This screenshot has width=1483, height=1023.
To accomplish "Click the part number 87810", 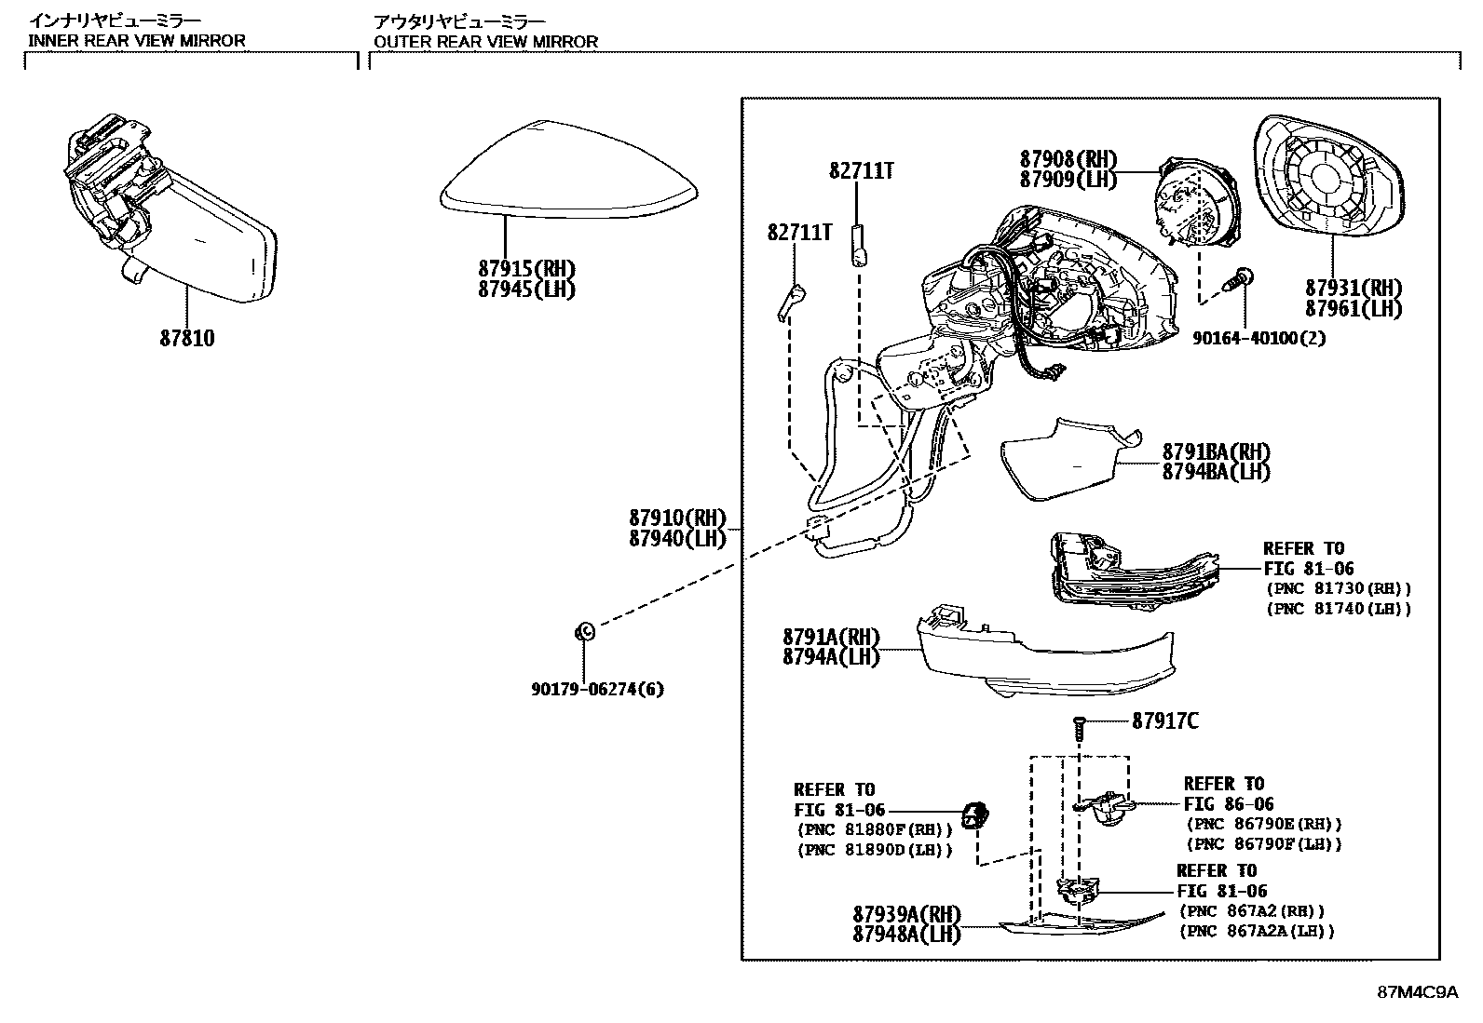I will tap(186, 339).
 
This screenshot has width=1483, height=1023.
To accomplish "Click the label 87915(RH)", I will tap(526, 269).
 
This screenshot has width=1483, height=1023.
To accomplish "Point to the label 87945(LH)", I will tap(526, 289).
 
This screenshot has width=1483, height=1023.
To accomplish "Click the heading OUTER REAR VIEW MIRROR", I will tap(485, 41).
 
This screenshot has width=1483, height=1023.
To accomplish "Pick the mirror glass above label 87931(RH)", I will tap(1328, 177).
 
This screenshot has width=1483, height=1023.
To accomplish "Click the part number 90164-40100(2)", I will tap(1259, 339).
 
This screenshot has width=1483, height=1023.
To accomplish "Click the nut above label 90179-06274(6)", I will tap(585, 632).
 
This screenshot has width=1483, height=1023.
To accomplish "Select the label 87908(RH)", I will tap(1068, 159).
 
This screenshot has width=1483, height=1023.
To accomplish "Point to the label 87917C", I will tap(1165, 720).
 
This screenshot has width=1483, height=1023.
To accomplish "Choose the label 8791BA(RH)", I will tap(1216, 451).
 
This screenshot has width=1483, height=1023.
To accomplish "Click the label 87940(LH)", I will tap(676, 538).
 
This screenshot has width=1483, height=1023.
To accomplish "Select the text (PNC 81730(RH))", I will tap(1338, 588).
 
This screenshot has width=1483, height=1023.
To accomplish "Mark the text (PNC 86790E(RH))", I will tap(1263, 825).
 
